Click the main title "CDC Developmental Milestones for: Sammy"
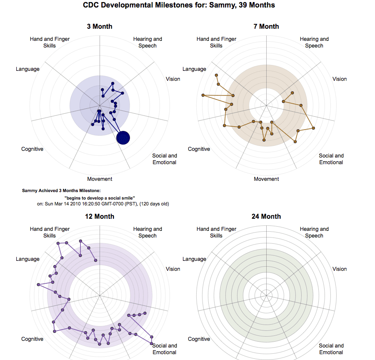click(179, 5)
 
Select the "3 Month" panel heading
click(100, 27)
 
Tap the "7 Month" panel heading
click(266, 27)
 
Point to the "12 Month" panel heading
click(100, 217)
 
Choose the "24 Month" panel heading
click(266, 217)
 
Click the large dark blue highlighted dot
click(123, 137)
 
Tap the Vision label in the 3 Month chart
click(173, 79)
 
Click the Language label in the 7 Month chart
click(194, 69)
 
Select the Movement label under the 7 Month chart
click(266, 179)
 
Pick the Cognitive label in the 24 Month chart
click(199, 339)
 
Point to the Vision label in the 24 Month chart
click(340, 269)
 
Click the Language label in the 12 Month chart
click(27, 259)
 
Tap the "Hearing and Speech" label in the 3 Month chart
click(147, 42)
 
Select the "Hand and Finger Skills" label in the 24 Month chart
click(216, 232)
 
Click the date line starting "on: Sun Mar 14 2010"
click(103, 204)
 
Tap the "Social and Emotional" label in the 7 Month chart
click(331, 159)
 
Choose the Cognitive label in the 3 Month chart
click(32, 149)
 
